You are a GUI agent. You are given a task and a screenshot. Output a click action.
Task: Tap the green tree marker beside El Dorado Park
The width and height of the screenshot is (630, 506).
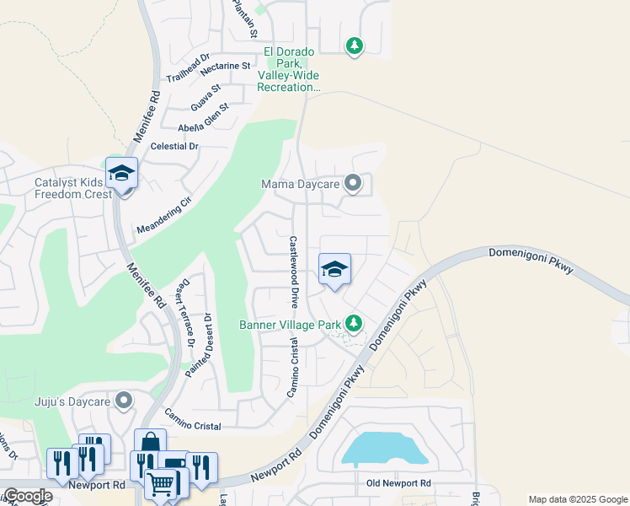pyautogui.click(x=355, y=46)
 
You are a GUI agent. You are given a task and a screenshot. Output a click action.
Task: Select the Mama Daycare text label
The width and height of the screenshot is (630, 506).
pyautogui.click(x=300, y=184)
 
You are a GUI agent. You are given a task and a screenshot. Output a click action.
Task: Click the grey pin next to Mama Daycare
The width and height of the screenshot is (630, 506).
pyautogui.click(x=354, y=183)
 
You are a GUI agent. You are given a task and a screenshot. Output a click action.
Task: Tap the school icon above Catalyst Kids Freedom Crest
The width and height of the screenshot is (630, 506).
pyautogui.click(x=122, y=174)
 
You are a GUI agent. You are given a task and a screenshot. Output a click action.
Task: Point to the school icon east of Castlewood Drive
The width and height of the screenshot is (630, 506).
pyautogui.click(x=334, y=270)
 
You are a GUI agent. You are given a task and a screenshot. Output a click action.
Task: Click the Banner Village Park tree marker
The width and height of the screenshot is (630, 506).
pyautogui.click(x=355, y=323)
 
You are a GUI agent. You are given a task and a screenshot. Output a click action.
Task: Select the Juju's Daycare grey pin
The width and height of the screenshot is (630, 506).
pyautogui.click(x=125, y=401)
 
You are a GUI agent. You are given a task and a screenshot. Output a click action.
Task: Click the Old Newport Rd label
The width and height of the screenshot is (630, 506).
pyautogui.click(x=398, y=483)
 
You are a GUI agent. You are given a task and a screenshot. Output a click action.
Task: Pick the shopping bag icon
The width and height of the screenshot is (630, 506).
pyautogui.click(x=150, y=443)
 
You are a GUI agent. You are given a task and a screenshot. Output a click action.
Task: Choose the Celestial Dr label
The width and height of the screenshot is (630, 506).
pyautogui.click(x=174, y=146)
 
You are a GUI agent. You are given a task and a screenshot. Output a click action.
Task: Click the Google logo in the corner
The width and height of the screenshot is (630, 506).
pyautogui.click(x=28, y=496)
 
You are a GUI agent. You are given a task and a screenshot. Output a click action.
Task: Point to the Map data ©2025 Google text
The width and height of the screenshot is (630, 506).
pyautogui.click(x=577, y=499)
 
